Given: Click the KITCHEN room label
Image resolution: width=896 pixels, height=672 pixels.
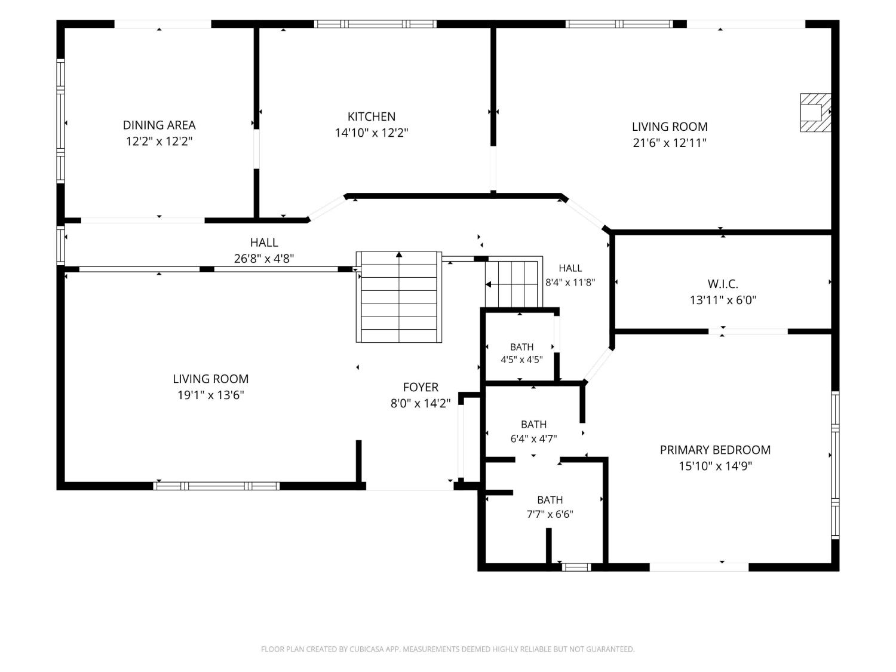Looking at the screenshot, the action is (x=371, y=116).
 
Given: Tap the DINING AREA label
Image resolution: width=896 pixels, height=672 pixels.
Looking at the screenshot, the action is (x=159, y=125).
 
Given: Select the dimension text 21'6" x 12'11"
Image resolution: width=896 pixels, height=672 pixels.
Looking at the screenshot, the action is (x=670, y=143).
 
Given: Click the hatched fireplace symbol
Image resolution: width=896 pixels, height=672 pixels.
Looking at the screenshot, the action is (x=815, y=113).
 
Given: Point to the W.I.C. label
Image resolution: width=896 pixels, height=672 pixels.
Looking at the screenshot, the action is (x=723, y=284).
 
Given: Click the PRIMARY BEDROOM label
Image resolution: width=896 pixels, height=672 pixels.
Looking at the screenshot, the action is (x=715, y=450).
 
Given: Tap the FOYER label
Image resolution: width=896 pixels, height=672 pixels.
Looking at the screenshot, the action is (x=421, y=387).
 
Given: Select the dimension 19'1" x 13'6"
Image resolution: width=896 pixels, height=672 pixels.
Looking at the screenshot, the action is (x=211, y=395).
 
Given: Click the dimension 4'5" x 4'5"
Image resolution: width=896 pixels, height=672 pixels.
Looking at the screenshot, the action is (x=521, y=360).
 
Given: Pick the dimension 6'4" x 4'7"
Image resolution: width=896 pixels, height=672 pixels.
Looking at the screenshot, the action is (x=533, y=438).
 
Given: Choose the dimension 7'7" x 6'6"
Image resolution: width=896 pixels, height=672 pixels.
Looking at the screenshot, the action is (x=550, y=514).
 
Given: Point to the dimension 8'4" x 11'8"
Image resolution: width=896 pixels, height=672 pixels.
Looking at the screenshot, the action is (x=570, y=282).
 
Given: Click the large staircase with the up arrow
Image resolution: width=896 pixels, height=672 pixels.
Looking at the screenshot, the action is (x=399, y=297).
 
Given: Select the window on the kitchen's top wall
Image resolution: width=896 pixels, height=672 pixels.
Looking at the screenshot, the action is (x=375, y=24).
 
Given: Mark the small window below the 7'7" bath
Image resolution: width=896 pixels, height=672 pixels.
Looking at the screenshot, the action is (x=576, y=567).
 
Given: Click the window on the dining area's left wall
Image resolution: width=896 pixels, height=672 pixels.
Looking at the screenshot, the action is (x=60, y=121).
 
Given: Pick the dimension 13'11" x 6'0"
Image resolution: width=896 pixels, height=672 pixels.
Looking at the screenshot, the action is (x=723, y=300).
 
